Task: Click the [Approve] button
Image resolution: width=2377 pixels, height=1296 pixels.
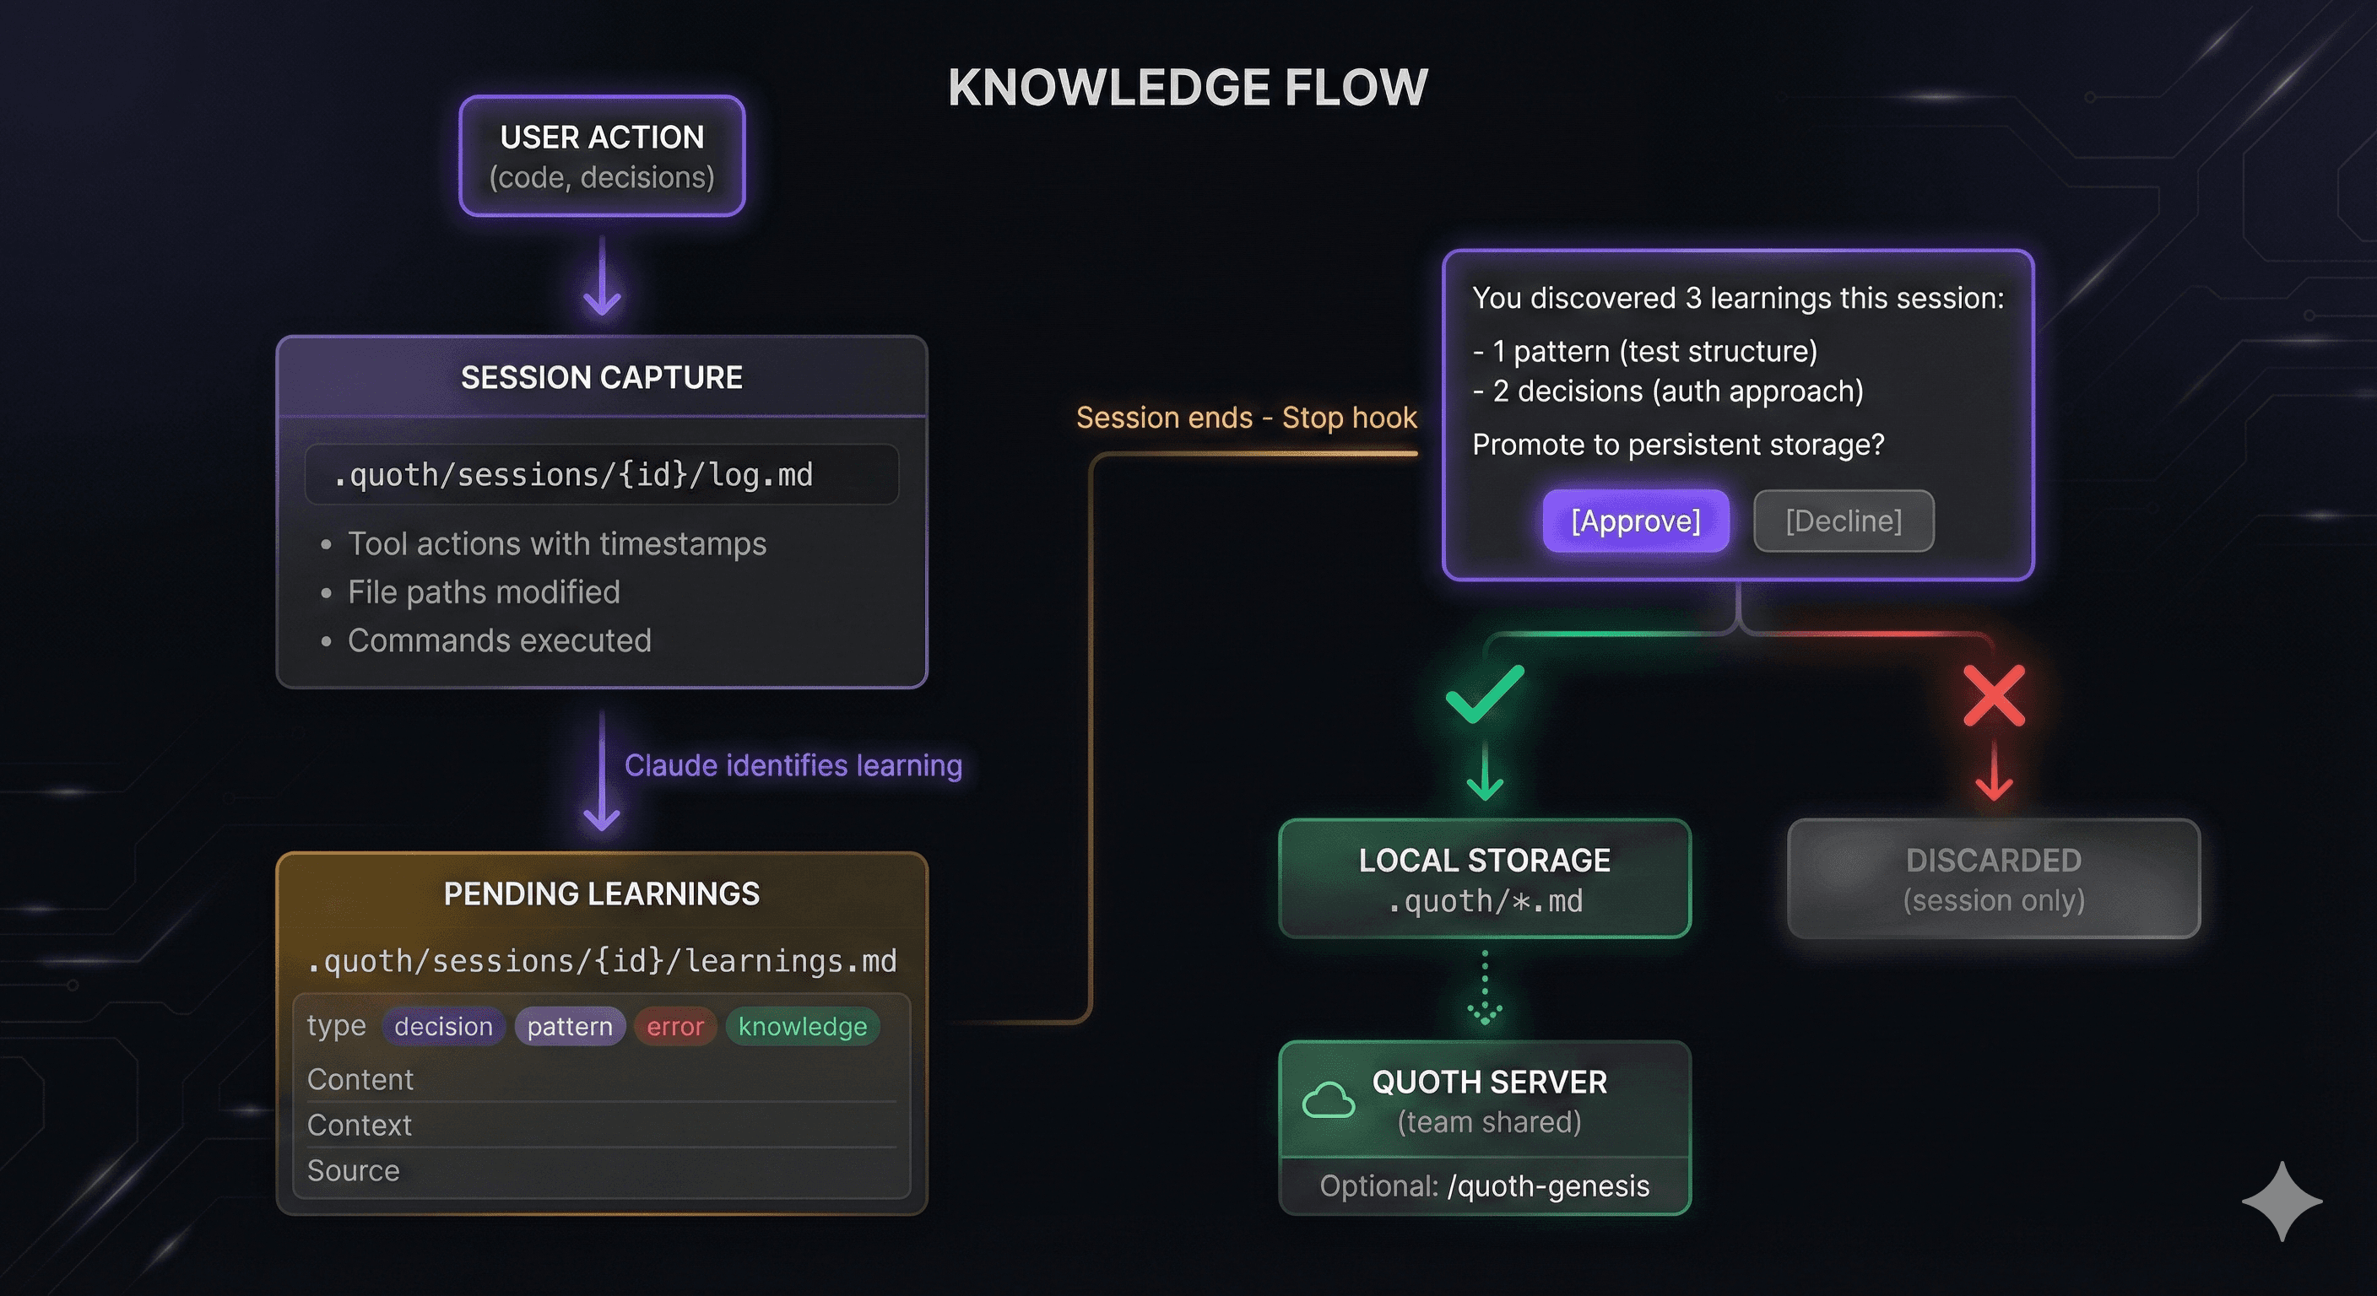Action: pyautogui.click(x=1635, y=521)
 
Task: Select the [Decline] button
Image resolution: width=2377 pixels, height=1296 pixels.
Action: pyautogui.click(x=1843, y=521)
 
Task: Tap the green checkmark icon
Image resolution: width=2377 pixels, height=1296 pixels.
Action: pyautogui.click(x=1485, y=694)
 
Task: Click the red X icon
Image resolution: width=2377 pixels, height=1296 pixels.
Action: pyautogui.click(x=1994, y=695)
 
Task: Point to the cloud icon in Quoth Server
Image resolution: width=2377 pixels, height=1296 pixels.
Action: pyautogui.click(x=1328, y=1100)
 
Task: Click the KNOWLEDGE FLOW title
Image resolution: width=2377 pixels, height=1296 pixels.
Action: pyautogui.click(x=1188, y=88)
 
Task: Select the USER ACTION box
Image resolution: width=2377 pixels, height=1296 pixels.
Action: pyautogui.click(x=602, y=156)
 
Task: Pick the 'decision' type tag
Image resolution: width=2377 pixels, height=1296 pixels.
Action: pyautogui.click(x=443, y=1027)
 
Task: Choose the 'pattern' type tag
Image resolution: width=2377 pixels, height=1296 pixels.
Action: pyautogui.click(x=569, y=1027)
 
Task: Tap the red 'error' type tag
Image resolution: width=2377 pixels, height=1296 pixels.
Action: pyautogui.click(x=674, y=1027)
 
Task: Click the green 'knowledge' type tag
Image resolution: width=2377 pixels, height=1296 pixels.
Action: pyautogui.click(x=802, y=1027)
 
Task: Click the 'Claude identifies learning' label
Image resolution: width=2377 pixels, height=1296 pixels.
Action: pyautogui.click(x=793, y=765)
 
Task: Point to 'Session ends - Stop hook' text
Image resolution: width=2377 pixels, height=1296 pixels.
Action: pyautogui.click(x=1246, y=418)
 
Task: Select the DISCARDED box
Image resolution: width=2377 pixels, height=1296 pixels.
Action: pyautogui.click(x=1993, y=878)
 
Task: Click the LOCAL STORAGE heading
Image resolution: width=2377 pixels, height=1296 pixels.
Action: pyautogui.click(x=1484, y=860)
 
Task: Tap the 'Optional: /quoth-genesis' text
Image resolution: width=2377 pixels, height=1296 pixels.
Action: pyautogui.click(x=1484, y=1185)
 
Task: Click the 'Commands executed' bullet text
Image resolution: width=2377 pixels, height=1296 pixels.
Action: pyautogui.click(x=499, y=640)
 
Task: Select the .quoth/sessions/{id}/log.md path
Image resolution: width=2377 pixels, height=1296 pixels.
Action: pyautogui.click(x=573, y=475)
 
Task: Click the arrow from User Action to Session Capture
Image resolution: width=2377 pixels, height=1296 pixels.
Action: pyautogui.click(x=602, y=277)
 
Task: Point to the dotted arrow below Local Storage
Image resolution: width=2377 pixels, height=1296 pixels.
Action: pyautogui.click(x=1485, y=988)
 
